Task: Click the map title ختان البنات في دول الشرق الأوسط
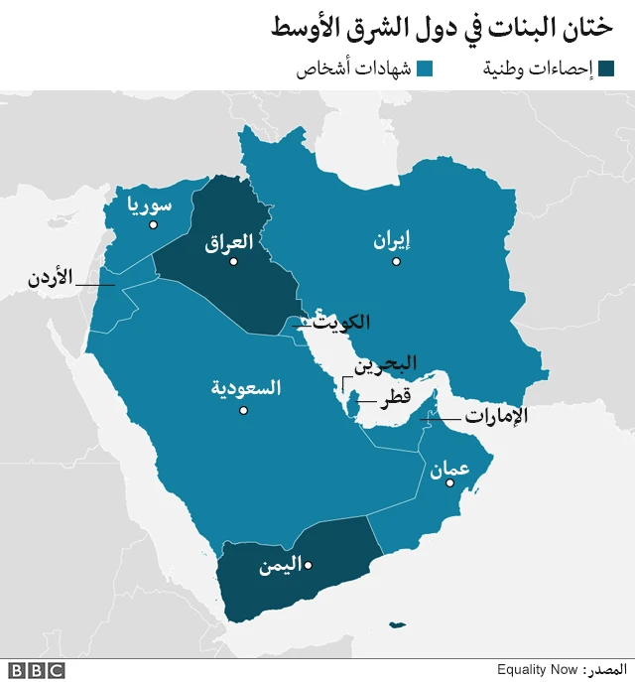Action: (441, 28)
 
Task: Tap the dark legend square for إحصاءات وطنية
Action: (606, 69)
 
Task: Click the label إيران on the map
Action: (392, 240)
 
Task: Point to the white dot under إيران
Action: (396, 262)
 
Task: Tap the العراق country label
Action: (229, 241)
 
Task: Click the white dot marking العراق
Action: (235, 261)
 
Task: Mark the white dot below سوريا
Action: (153, 225)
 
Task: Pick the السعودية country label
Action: (246, 388)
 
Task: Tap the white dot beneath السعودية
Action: (244, 408)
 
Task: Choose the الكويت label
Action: (341, 323)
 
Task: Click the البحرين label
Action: (389, 363)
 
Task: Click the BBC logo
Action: (37, 670)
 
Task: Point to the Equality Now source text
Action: (539, 670)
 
